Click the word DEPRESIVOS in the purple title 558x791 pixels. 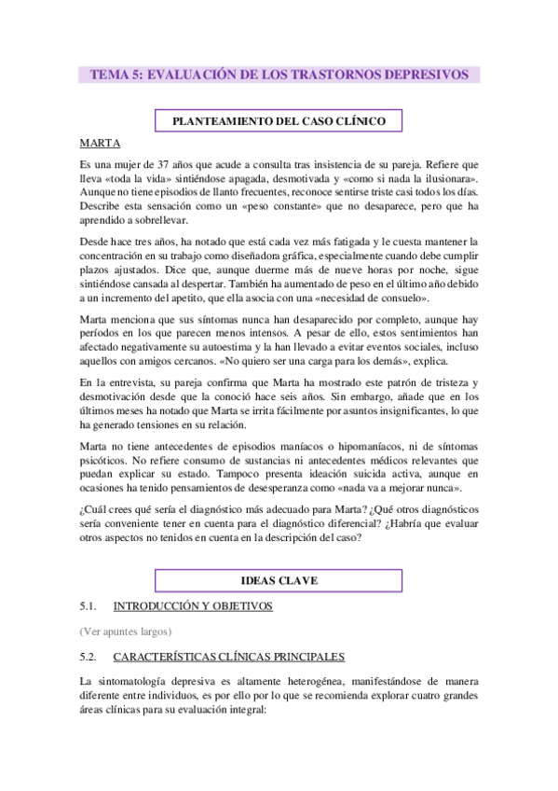tap(427, 75)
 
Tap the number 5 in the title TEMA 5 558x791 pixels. tap(134, 75)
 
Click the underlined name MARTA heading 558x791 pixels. tap(99, 144)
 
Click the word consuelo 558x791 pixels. tap(401, 298)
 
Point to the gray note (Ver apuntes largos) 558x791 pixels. tap(126, 631)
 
